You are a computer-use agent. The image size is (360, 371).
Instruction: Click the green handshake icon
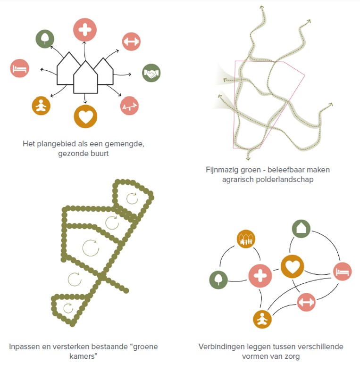coord(151,73)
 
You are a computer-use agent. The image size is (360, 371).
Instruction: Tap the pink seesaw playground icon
coord(129,106)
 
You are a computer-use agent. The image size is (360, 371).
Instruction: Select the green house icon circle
coord(301,229)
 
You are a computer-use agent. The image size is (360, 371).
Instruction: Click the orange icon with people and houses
coord(246,239)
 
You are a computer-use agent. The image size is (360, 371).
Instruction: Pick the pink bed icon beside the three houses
coord(20,68)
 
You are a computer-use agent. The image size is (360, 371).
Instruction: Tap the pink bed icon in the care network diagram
coord(343,272)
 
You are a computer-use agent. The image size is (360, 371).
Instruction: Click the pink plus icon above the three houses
coord(85,30)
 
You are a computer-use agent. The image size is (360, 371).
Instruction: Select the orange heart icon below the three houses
coord(85,116)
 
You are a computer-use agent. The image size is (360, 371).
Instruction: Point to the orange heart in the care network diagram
coord(292,266)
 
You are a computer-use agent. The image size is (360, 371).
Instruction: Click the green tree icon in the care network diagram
coord(218,280)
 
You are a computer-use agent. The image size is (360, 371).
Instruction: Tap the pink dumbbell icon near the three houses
coord(131,41)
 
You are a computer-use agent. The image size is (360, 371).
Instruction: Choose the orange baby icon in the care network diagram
coord(262,319)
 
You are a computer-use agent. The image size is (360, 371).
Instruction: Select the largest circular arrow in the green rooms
coord(91,248)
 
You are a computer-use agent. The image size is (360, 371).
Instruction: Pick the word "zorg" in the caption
coord(292,356)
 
